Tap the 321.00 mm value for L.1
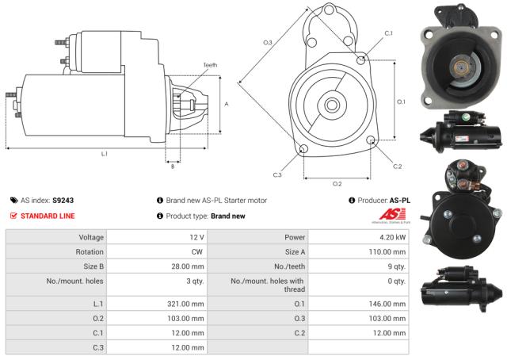coord(188,304)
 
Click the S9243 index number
coord(63,201)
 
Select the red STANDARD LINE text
coord(48,215)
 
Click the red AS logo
coord(395,215)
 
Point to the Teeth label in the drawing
coord(210,65)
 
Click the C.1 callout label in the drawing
coord(388,33)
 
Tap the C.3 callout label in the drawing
coord(277,174)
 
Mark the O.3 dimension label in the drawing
coord(268,42)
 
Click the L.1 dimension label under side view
coord(104,153)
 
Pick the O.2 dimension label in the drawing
coord(337,183)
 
